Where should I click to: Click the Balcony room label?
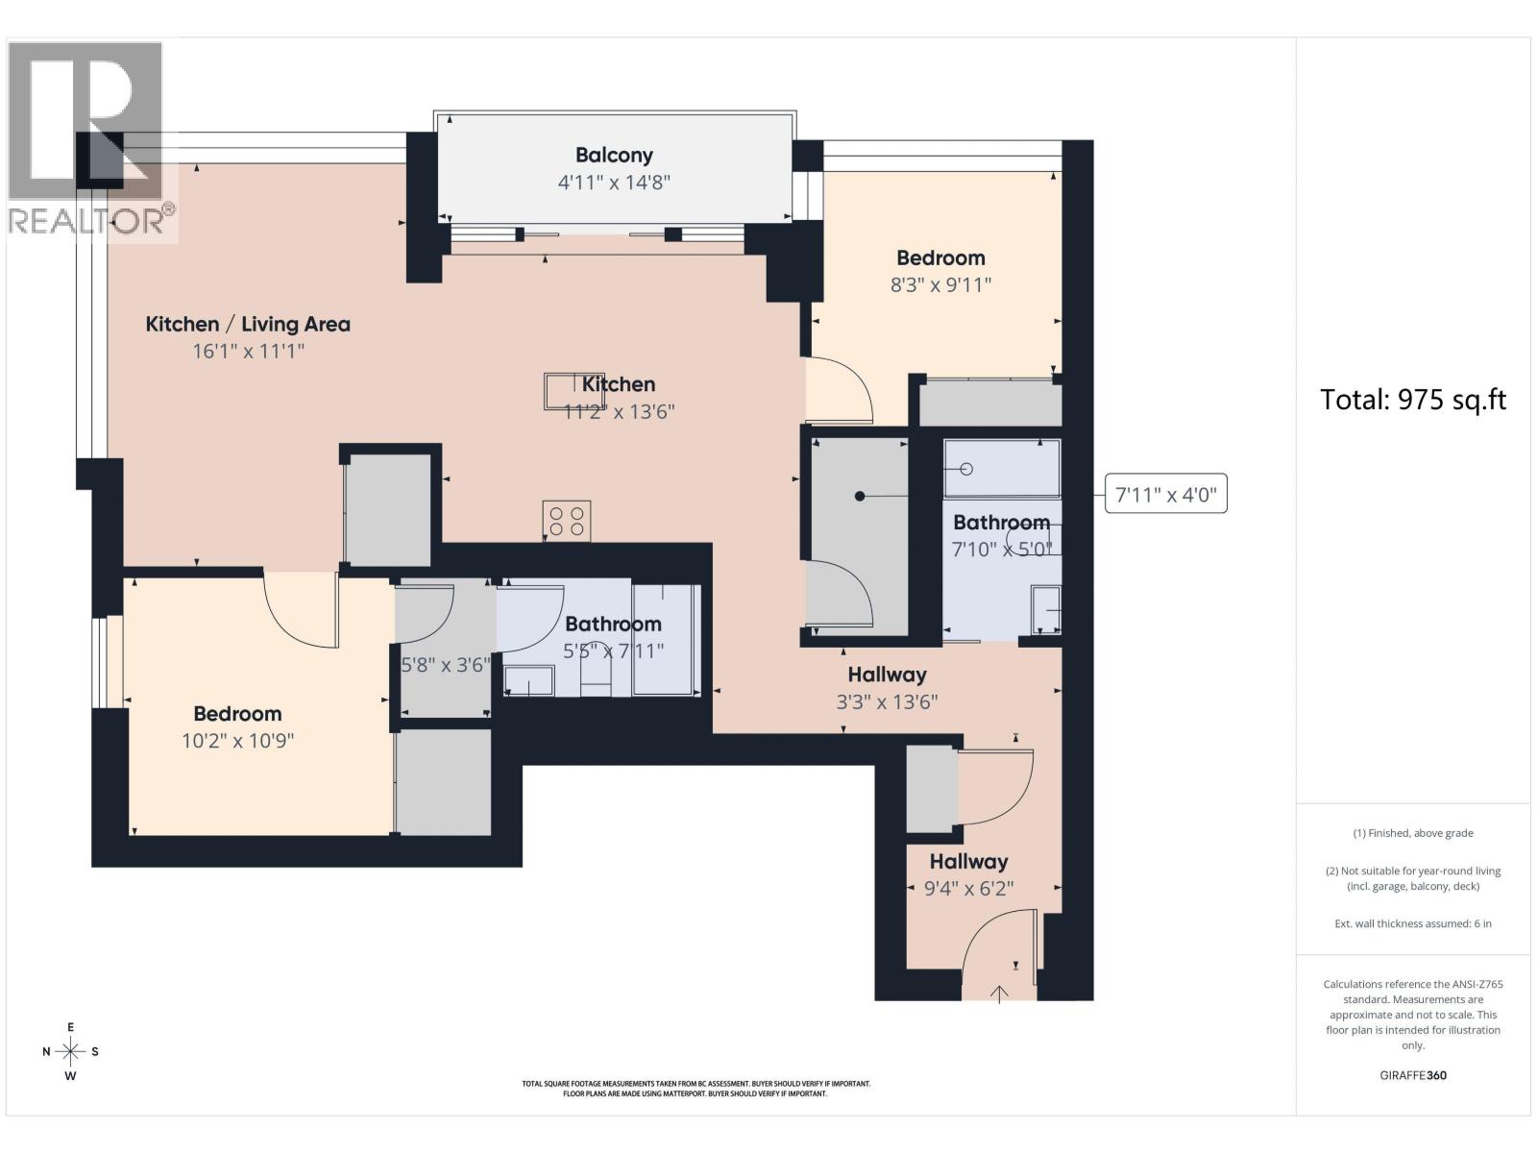click(x=614, y=155)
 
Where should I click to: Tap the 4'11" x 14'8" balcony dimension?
click(x=614, y=183)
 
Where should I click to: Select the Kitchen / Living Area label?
click(x=248, y=324)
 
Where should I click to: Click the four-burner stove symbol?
click(x=567, y=521)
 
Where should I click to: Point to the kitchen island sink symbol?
click(x=565, y=391)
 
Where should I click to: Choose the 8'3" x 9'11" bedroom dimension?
click(x=940, y=285)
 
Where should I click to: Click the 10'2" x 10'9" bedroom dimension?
click(x=237, y=741)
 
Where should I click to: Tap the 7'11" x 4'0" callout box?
click(x=1165, y=494)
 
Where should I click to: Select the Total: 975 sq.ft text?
click(x=1412, y=400)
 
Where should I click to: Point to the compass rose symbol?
click(x=71, y=1051)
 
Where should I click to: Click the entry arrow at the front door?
click(x=999, y=994)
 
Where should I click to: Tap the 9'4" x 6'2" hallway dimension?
click(x=968, y=889)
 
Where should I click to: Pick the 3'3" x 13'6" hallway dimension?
click(x=887, y=702)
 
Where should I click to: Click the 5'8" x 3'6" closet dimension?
click(x=446, y=664)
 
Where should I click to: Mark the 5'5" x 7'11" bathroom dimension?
click(x=614, y=651)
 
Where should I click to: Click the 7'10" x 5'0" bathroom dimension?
click(x=1001, y=550)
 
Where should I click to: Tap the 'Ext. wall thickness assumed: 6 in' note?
click(x=1413, y=923)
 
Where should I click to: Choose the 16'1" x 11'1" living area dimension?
click(x=249, y=352)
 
